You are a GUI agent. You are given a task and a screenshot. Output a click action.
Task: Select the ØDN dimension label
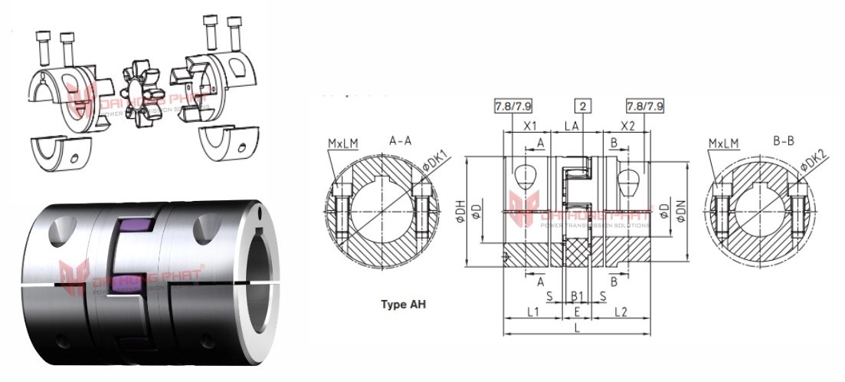tap(681, 206)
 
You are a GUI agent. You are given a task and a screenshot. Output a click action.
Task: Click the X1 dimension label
tap(528, 126)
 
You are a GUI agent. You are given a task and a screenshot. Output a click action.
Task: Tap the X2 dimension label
tap(627, 126)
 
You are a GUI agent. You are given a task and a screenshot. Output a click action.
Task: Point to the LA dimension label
tap(572, 126)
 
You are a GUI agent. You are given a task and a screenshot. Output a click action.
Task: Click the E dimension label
tap(576, 312)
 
